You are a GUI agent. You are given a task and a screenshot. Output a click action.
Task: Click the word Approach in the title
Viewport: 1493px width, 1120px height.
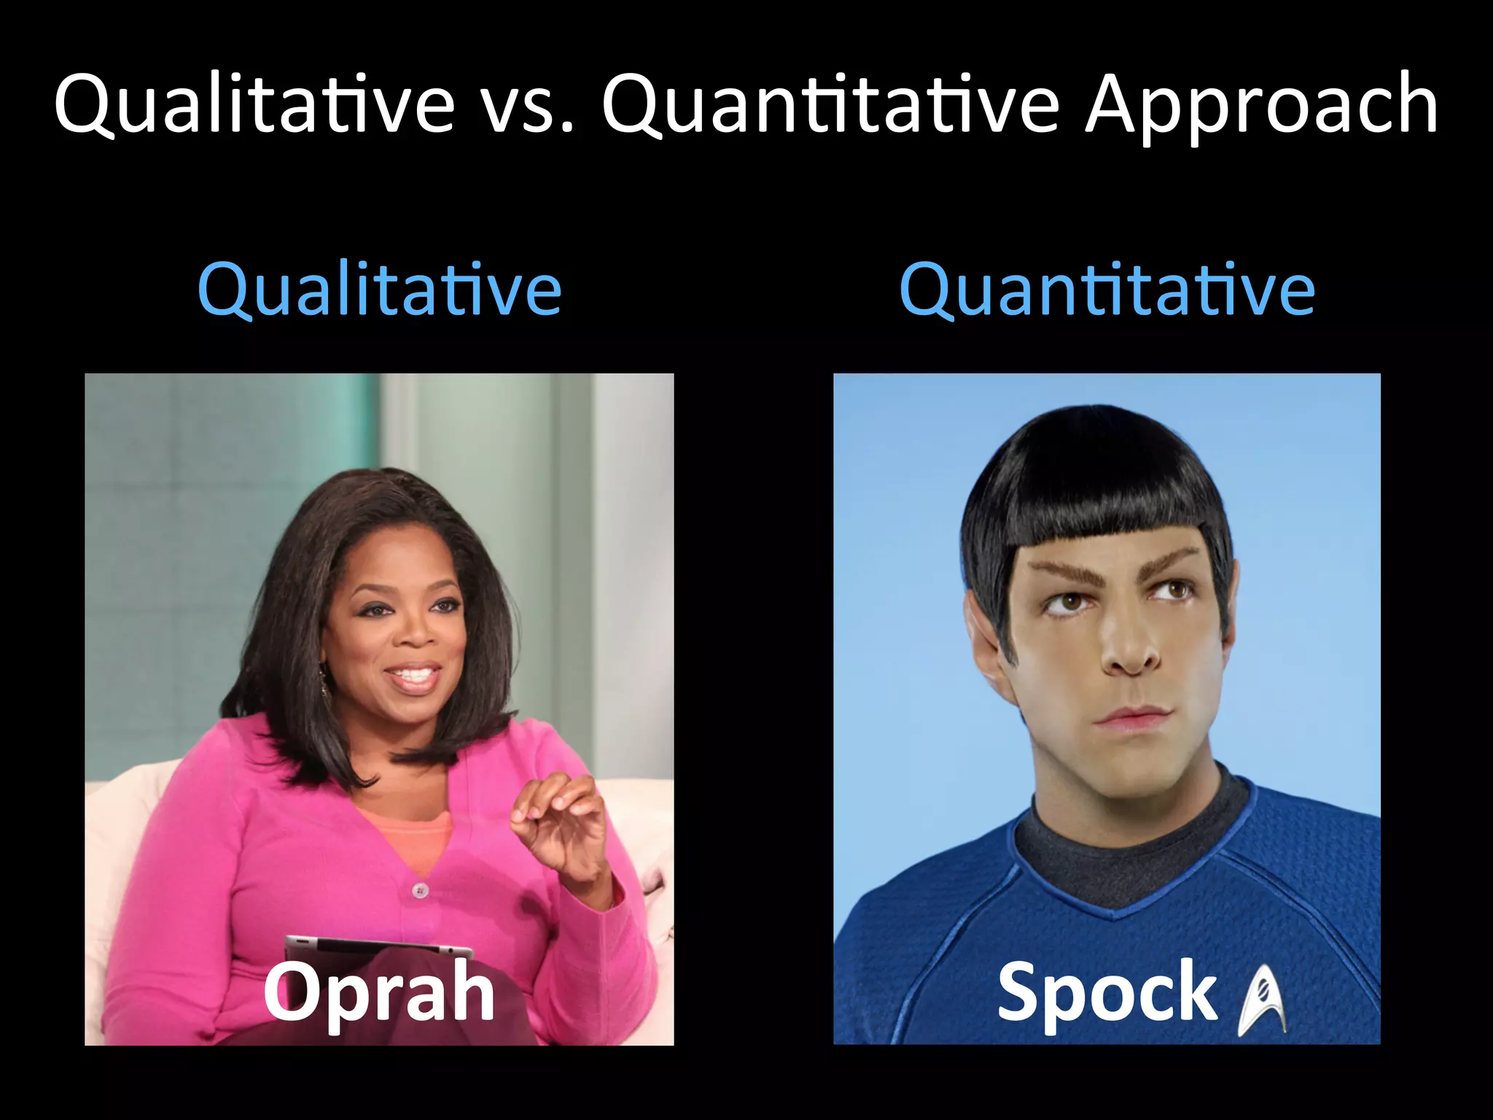1261,106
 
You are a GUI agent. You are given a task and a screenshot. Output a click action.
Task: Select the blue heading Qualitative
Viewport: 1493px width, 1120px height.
379,290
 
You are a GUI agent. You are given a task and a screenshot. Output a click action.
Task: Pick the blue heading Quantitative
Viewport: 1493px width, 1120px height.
1107,290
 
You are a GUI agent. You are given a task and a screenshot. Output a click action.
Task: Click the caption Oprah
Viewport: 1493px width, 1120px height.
379,992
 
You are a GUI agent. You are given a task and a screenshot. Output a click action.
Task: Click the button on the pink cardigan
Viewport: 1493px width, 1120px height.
420,890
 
